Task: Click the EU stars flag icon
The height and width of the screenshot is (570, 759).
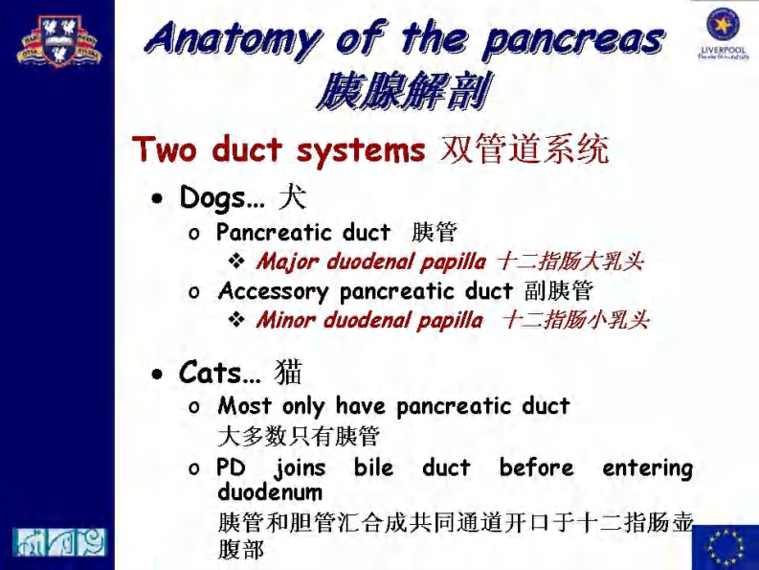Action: point(725,546)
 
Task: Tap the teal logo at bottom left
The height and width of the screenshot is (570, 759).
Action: point(58,541)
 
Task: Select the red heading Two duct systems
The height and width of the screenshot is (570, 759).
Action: point(278,150)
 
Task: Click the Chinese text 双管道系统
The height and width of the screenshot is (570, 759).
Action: point(524,150)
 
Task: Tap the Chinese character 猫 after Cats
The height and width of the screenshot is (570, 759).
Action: point(288,372)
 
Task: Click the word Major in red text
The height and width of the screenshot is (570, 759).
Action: point(288,261)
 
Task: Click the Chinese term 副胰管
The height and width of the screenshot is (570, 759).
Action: point(559,290)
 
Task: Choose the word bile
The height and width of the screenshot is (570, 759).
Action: point(373,467)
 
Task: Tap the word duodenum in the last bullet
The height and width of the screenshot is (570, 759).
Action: point(270,491)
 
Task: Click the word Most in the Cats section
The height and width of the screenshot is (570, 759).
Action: point(246,406)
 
